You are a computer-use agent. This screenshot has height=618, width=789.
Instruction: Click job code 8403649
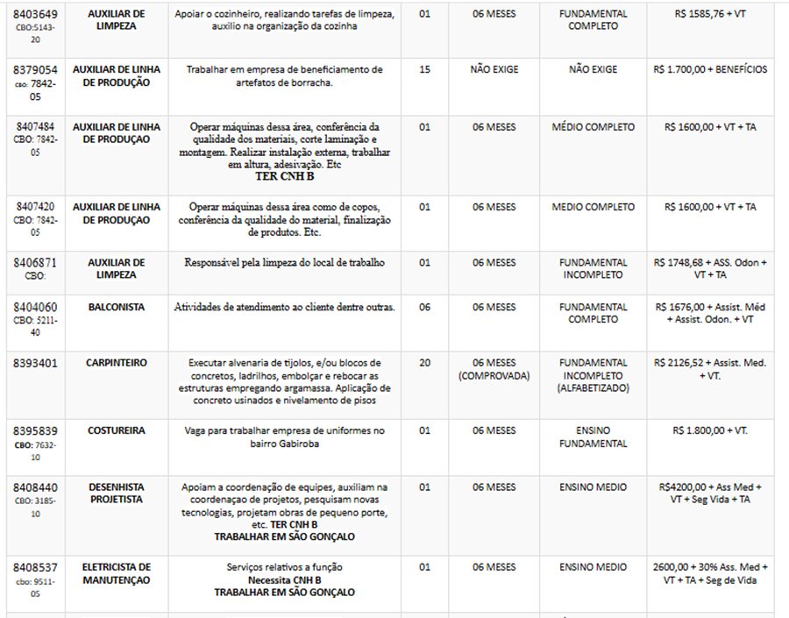tap(34, 15)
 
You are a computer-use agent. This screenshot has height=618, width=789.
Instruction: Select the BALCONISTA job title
tap(116, 307)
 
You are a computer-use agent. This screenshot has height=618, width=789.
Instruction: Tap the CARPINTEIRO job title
tap(116, 362)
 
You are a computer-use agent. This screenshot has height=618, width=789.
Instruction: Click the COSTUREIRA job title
tap(116, 431)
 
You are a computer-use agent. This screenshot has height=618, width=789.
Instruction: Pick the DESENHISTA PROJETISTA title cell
tap(116, 493)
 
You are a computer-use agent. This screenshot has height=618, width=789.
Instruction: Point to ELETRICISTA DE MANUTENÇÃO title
tap(116, 573)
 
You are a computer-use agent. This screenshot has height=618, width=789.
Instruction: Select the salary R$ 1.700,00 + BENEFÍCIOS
tap(711, 68)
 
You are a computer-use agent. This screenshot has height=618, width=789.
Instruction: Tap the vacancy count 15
tap(425, 68)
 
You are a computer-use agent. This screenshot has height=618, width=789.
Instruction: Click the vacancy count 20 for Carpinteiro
tap(425, 362)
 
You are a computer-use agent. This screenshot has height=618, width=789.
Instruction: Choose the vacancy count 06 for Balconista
tap(425, 307)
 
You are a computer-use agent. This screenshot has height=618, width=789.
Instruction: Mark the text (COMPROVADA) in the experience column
tap(494, 374)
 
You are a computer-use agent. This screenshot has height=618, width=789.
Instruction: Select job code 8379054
tap(34, 68)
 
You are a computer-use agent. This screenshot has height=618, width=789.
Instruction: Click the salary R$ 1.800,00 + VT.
tap(711, 431)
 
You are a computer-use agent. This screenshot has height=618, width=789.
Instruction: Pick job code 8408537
tap(34, 567)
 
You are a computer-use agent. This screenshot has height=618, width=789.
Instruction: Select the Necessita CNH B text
tap(284, 579)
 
